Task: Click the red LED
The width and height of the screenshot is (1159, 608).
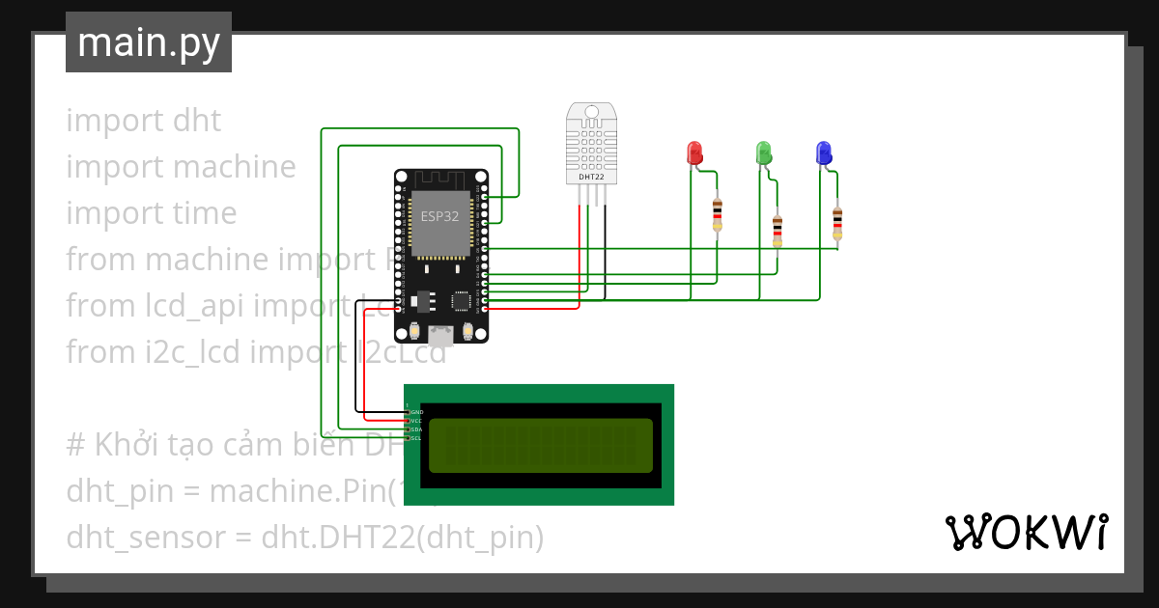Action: point(694,152)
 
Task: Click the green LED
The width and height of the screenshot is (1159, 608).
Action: point(763,152)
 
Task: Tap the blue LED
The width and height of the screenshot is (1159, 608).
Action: point(823,152)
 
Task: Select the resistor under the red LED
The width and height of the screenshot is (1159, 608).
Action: point(718,214)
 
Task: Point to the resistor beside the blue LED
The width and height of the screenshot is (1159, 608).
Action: point(837,221)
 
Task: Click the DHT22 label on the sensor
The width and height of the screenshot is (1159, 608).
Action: point(591,177)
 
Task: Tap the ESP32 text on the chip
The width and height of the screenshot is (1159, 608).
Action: point(439,216)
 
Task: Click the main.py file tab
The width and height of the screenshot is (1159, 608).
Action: point(149,42)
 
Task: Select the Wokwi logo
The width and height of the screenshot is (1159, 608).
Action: point(1025,533)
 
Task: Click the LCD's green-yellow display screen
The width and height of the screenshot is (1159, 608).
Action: point(541,445)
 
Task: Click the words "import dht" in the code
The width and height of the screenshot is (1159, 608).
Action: point(144,121)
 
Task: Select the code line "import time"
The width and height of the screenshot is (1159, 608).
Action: point(152,213)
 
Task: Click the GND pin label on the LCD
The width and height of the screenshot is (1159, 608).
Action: point(416,412)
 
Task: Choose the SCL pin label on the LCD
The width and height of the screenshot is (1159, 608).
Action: point(416,438)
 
